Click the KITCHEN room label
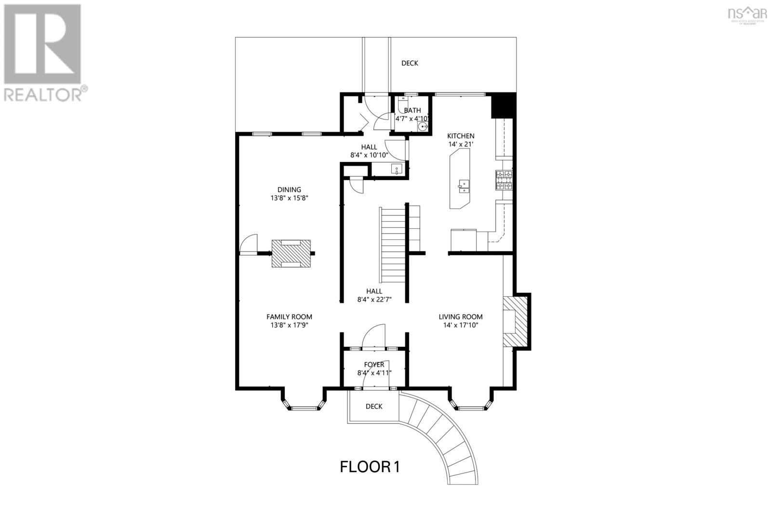(461, 136)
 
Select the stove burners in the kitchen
(504, 181)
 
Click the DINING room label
(289, 189)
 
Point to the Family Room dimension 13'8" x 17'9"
(289, 325)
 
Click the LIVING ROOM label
(461, 316)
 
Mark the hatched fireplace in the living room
(516, 322)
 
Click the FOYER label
(374, 364)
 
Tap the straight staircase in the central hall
(393, 246)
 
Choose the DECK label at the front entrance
(374, 406)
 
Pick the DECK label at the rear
(410, 63)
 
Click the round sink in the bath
(423, 127)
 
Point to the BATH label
(412, 110)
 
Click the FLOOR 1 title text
(370, 467)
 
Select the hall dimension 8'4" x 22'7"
(374, 299)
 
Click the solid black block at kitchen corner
(503, 105)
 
